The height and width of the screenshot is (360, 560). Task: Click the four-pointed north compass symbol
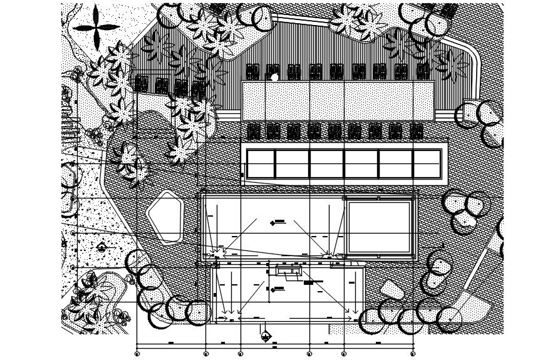(96, 27)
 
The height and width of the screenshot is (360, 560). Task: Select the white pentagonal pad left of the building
(165, 216)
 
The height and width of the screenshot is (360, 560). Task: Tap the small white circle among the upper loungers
(274, 77)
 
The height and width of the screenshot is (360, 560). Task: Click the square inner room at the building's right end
(378, 227)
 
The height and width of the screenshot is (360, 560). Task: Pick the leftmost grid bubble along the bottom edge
(137, 354)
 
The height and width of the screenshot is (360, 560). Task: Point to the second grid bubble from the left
(206, 354)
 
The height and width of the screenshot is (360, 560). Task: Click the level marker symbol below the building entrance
(266, 337)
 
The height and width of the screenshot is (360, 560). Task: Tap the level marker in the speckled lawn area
(101, 248)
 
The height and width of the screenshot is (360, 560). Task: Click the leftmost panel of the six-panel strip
(261, 163)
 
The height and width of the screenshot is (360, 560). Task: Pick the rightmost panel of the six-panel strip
(426, 163)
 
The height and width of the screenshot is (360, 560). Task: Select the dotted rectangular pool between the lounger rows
(338, 101)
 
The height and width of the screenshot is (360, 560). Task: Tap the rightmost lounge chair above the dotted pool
(423, 71)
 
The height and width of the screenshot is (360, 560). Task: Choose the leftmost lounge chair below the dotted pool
(253, 131)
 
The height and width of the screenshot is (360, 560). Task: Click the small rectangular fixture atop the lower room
(289, 271)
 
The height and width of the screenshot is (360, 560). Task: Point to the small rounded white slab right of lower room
(391, 290)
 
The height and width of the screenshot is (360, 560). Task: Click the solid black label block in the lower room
(308, 283)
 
